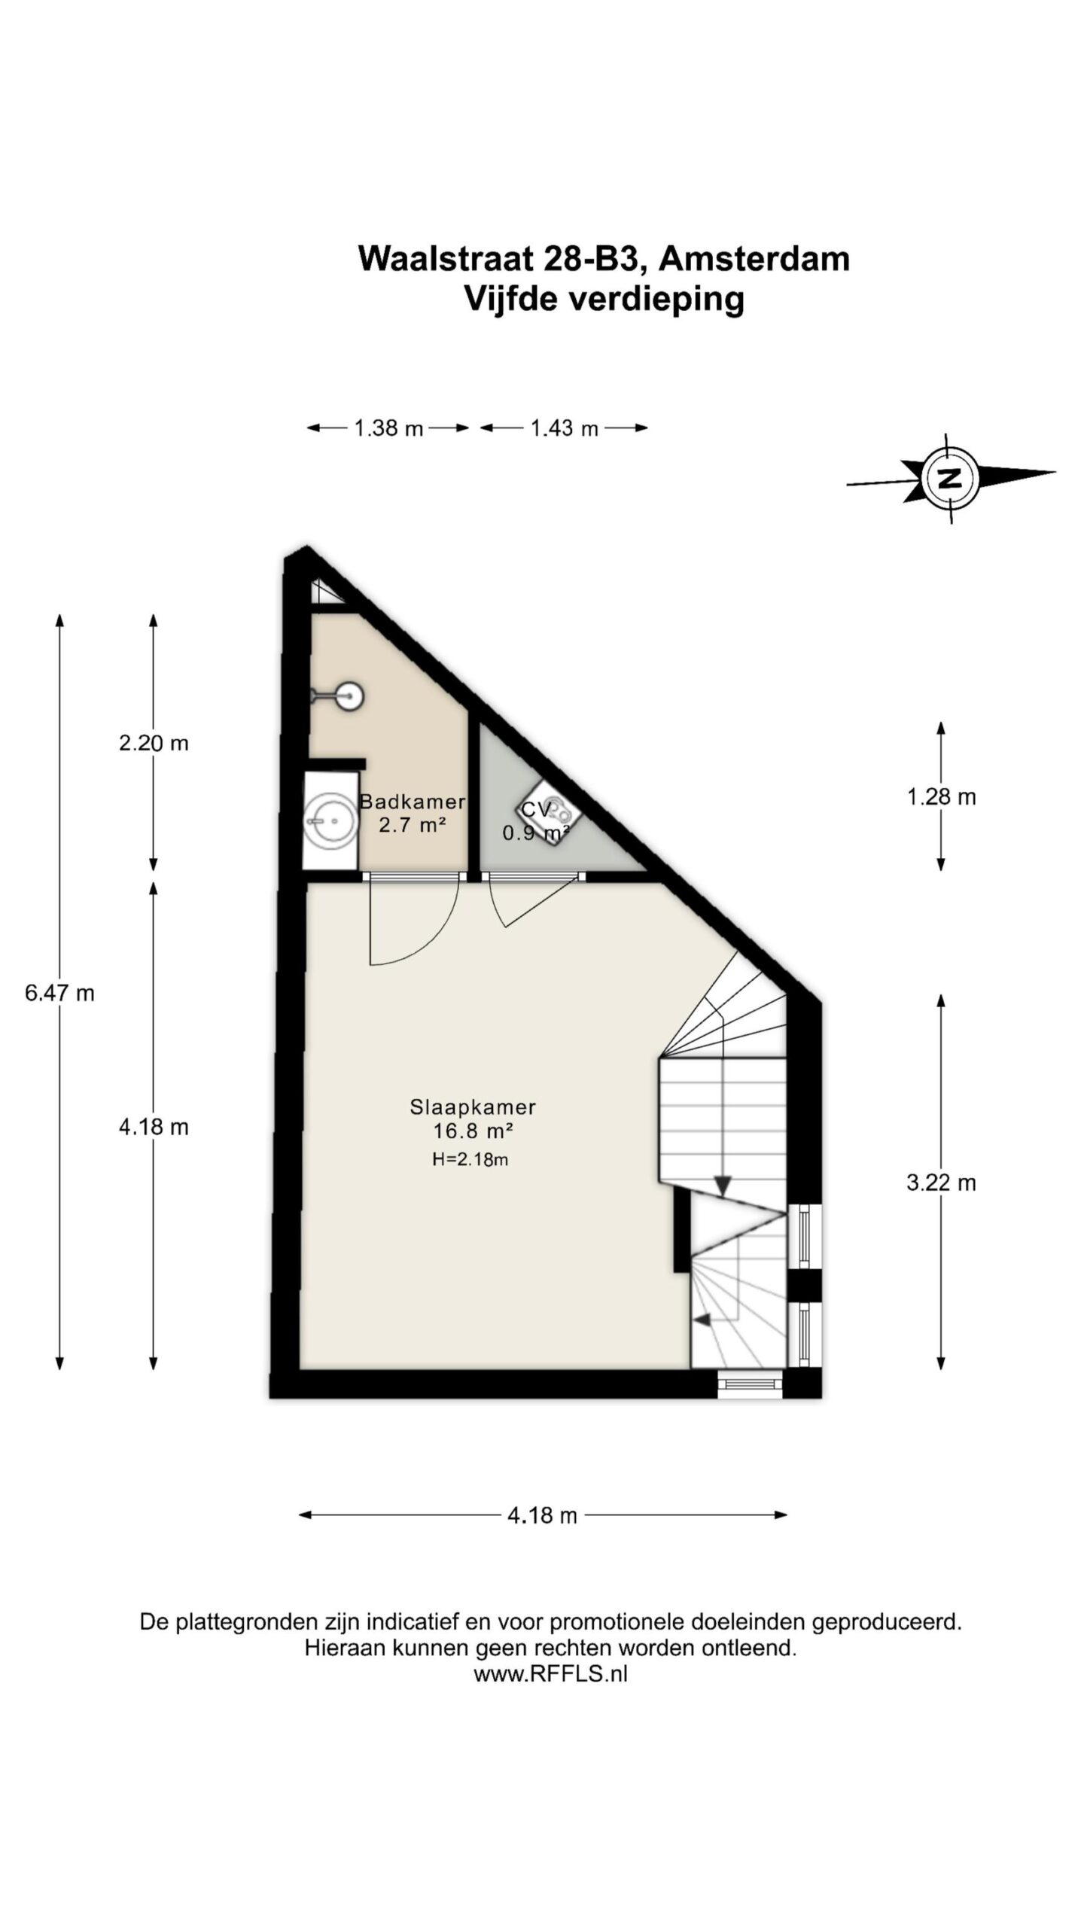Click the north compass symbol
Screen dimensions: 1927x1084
(951, 477)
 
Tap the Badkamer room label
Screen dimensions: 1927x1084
(412, 802)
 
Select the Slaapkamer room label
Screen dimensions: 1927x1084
(472, 1107)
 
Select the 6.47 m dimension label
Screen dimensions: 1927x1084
(59, 994)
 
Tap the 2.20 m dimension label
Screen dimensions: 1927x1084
(154, 744)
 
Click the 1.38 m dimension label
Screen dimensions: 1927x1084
(388, 428)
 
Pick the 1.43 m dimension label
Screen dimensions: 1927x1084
(564, 428)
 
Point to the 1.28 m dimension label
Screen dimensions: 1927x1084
(941, 797)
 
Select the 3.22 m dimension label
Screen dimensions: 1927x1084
(941, 1183)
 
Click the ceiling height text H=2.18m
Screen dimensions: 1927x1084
(470, 1160)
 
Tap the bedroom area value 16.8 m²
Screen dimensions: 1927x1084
(472, 1131)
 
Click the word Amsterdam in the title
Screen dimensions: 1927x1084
(754, 259)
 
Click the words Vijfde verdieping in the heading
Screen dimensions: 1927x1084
(604, 299)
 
